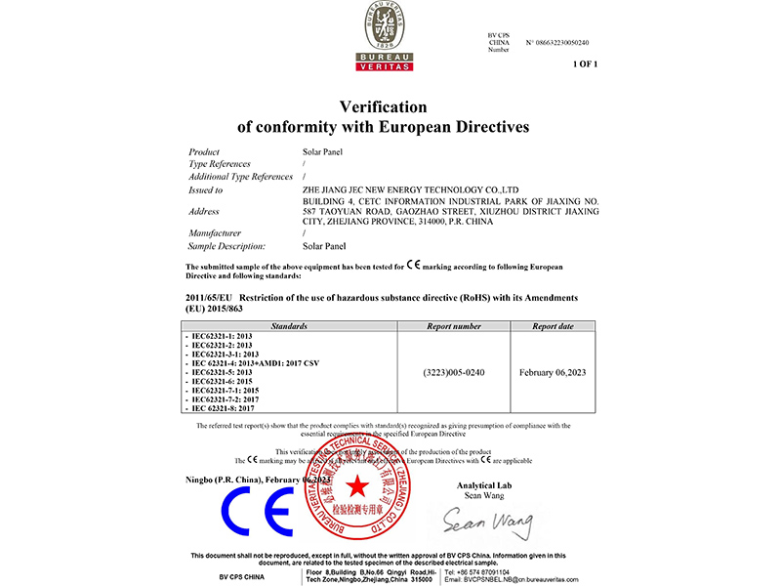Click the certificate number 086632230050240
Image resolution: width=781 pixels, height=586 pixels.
(x=557, y=43)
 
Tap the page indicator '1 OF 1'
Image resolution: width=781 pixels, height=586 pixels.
(x=585, y=63)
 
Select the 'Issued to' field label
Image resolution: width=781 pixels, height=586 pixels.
(x=205, y=189)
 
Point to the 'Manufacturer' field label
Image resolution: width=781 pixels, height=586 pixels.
(x=214, y=233)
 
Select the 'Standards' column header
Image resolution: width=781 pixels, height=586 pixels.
(x=290, y=326)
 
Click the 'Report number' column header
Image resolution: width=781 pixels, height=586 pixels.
(x=454, y=326)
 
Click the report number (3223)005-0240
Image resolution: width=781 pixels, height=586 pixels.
(x=454, y=372)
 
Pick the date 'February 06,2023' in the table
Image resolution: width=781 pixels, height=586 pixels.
(x=554, y=372)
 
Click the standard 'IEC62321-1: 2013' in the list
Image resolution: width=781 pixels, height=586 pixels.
(x=224, y=336)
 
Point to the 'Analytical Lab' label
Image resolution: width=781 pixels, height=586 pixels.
(x=484, y=485)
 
